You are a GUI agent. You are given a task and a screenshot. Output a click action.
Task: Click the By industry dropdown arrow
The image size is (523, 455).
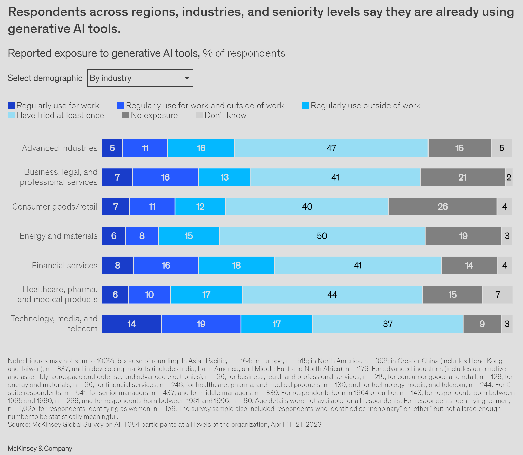pyautogui.click(x=187, y=78)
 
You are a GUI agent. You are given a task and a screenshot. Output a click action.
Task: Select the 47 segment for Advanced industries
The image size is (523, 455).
pyautogui.click(x=331, y=148)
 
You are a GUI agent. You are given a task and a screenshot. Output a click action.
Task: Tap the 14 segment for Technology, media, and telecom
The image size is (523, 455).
pyautogui.click(x=131, y=324)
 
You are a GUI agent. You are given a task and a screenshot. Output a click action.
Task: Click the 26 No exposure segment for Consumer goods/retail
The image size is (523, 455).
pyautogui.click(x=443, y=206)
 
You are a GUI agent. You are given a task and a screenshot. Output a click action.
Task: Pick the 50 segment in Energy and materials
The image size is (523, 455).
pyautogui.click(x=322, y=236)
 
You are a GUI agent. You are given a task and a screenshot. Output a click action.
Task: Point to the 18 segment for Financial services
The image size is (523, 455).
pyautogui.click(x=236, y=265)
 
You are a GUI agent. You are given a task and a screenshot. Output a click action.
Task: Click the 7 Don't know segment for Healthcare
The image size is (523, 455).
pyautogui.click(x=498, y=295)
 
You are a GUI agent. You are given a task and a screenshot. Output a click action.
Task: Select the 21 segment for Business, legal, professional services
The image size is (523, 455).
pyautogui.click(x=462, y=177)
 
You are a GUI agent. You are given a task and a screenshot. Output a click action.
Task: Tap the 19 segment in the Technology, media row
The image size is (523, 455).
pyautogui.click(x=201, y=324)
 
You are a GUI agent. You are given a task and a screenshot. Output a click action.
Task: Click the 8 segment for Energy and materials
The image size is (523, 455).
pyautogui.click(x=142, y=236)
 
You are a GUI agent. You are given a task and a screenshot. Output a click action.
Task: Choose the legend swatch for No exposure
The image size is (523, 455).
pyautogui.click(x=125, y=115)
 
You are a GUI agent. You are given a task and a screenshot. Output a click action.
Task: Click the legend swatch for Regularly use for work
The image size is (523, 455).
pyautogui.click(x=11, y=105)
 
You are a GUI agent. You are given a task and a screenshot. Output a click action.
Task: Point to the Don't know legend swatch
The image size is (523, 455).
pyautogui.click(x=199, y=115)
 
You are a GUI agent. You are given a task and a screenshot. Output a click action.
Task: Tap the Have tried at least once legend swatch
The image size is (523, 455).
pyautogui.click(x=11, y=115)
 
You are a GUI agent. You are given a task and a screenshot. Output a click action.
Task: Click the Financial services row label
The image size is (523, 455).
pyautogui.click(x=64, y=265)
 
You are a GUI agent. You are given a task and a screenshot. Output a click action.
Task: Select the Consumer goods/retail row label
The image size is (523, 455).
pyautogui.click(x=55, y=206)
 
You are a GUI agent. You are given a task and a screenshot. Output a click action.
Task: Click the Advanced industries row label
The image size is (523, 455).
pyautogui.click(x=60, y=148)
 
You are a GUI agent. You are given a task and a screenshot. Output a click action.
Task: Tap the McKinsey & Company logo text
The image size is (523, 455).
pyautogui.click(x=40, y=448)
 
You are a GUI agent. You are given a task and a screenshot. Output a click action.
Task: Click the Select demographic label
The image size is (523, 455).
pyautogui.click(x=45, y=78)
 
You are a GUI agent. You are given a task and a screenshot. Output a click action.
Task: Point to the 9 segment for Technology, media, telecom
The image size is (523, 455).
pyautogui.click(x=482, y=324)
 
